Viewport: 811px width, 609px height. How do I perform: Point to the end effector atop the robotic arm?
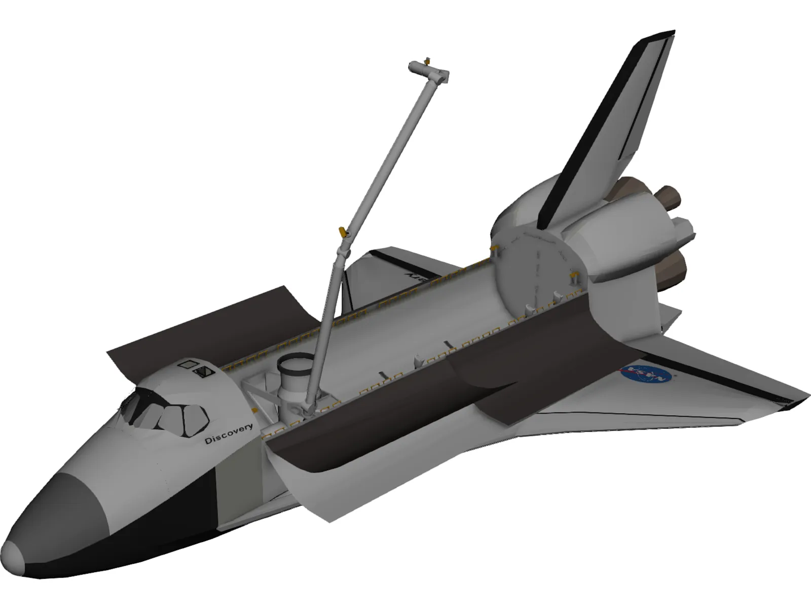click(x=429, y=70)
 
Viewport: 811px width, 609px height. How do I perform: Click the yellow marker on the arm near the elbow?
click(x=343, y=232)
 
